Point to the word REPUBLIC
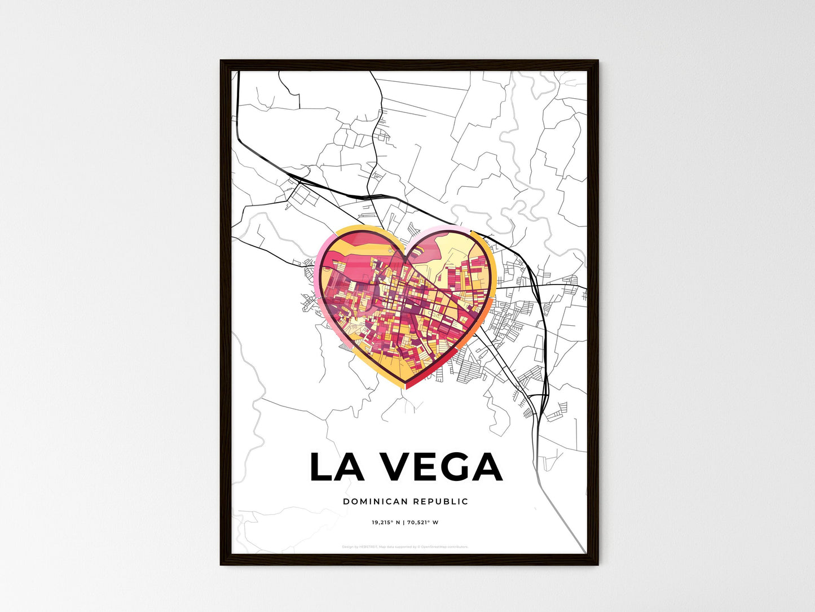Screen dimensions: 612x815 (440, 501)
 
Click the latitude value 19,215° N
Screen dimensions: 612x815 (386, 522)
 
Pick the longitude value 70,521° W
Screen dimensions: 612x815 (422, 522)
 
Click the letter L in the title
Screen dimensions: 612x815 (320, 467)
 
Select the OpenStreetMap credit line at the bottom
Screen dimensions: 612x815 (405, 547)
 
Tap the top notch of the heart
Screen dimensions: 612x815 (406, 257)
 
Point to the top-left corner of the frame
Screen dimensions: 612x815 (221, 60)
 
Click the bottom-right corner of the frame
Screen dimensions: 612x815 (598, 564)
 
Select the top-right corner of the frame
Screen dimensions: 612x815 (598, 60)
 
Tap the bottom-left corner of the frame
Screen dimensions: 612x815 (221, 564)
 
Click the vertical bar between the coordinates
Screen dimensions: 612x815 (404, 522)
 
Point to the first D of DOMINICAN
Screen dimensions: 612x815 (346, 501)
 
